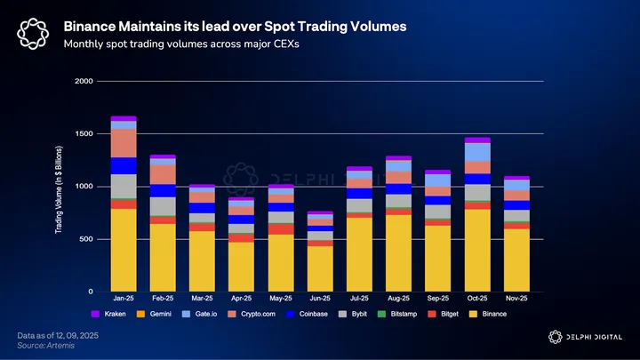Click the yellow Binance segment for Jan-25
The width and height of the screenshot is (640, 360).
[x=124, y=250]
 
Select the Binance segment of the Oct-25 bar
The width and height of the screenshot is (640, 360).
[x=476, y=250]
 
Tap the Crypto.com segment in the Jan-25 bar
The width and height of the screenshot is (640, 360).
[x=124, y=143]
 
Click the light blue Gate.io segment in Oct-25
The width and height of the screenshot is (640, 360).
[x=476, y=152]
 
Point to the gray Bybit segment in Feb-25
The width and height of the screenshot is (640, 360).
[x=163, y=206]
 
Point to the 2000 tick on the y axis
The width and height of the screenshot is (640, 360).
[x=83, y=82]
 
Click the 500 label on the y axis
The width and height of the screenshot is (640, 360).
[x=85, y=239]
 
